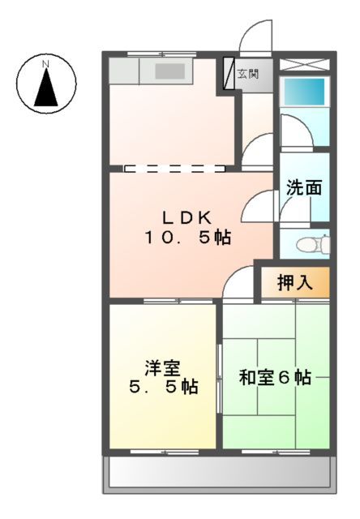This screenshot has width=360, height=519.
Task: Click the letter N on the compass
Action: pos(46,63)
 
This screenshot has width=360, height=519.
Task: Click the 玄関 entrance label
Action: pos(247,74)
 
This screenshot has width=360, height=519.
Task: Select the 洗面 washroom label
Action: pos(304,188)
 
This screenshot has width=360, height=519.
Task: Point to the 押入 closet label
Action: pos(294,282)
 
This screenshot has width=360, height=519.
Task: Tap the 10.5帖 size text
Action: pos(187,238)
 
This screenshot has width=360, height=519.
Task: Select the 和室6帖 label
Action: pos(275,377)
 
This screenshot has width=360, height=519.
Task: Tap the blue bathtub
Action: pos(303,90)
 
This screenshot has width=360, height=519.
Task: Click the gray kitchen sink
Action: pos(171,71)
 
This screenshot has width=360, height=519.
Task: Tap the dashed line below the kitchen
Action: pos(174,169)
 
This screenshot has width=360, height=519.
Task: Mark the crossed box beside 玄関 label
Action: pos(229,73)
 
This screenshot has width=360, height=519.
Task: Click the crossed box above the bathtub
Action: pos(304,62)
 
